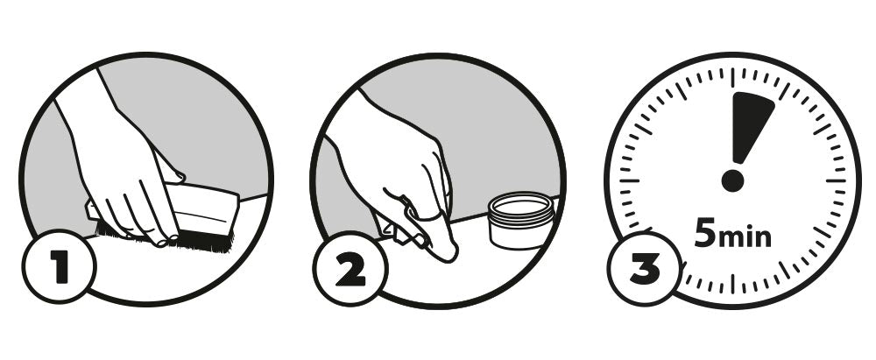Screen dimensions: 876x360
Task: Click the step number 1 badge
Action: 59,266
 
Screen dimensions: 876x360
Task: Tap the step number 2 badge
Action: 350,269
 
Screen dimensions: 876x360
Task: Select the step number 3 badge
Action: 645,269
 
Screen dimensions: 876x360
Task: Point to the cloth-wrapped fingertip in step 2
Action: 439,237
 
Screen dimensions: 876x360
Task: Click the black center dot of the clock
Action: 732,180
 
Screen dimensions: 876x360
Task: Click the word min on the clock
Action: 745,237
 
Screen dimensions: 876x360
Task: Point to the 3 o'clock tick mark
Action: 837,180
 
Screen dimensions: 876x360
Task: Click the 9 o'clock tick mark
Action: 629,180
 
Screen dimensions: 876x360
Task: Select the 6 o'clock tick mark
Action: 732,284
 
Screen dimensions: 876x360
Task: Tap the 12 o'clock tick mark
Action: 732,77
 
